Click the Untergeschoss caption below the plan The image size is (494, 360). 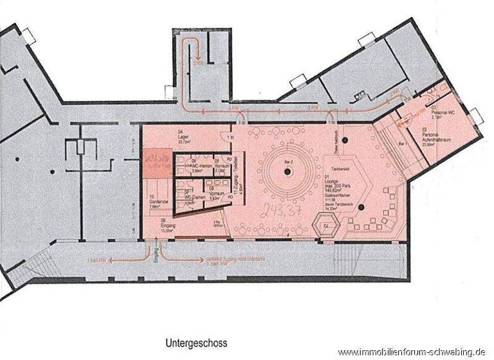(196, 343)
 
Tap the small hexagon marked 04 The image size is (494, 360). (325, 226)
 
